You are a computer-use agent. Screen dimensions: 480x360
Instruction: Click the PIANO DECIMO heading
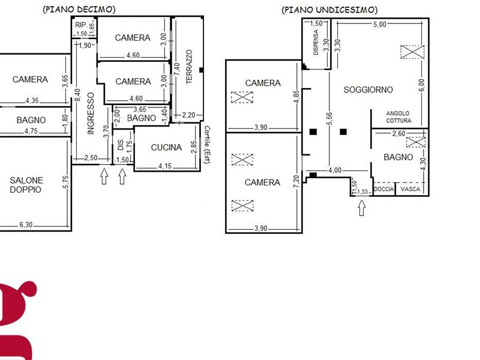click(x=79, y=10)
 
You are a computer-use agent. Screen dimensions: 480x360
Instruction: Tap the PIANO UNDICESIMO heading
click(x=329, y=10)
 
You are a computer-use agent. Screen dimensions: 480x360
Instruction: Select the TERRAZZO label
click(x=189, y=67)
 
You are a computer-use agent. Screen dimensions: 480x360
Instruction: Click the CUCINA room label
click(x=166, y=148)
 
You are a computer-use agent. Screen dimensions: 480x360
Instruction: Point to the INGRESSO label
click(x=91, y=113)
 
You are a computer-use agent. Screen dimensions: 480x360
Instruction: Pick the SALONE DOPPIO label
click(x=26, y=185)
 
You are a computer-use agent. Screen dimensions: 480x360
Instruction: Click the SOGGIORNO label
click(x=368, y=89)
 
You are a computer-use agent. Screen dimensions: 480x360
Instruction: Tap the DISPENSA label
click(x=316, y=42)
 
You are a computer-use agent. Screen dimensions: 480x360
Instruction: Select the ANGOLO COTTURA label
click(x=398, y=117)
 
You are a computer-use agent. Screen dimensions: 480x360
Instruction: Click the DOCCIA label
click(x=384, y=189)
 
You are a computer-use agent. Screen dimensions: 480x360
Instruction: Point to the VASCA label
click(x=410, y=189)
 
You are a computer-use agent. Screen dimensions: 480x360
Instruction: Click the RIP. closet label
click(x=80, y=25)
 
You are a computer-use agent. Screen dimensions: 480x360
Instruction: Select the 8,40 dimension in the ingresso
click(x=77, y=95)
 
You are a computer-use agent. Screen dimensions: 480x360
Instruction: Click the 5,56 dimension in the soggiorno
click(x=329, y=119)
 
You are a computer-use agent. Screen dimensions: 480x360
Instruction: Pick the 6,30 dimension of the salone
click(x=26, y=224)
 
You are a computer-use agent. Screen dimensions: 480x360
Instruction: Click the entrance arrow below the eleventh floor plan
click(x=362, y=208)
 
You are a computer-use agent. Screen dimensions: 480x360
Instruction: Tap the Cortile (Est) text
click(x=207, y=145)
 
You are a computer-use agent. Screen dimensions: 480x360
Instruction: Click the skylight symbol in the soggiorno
click(x=412, y=52)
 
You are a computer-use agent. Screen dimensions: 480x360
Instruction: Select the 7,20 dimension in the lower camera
click(x=296, y=182)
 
